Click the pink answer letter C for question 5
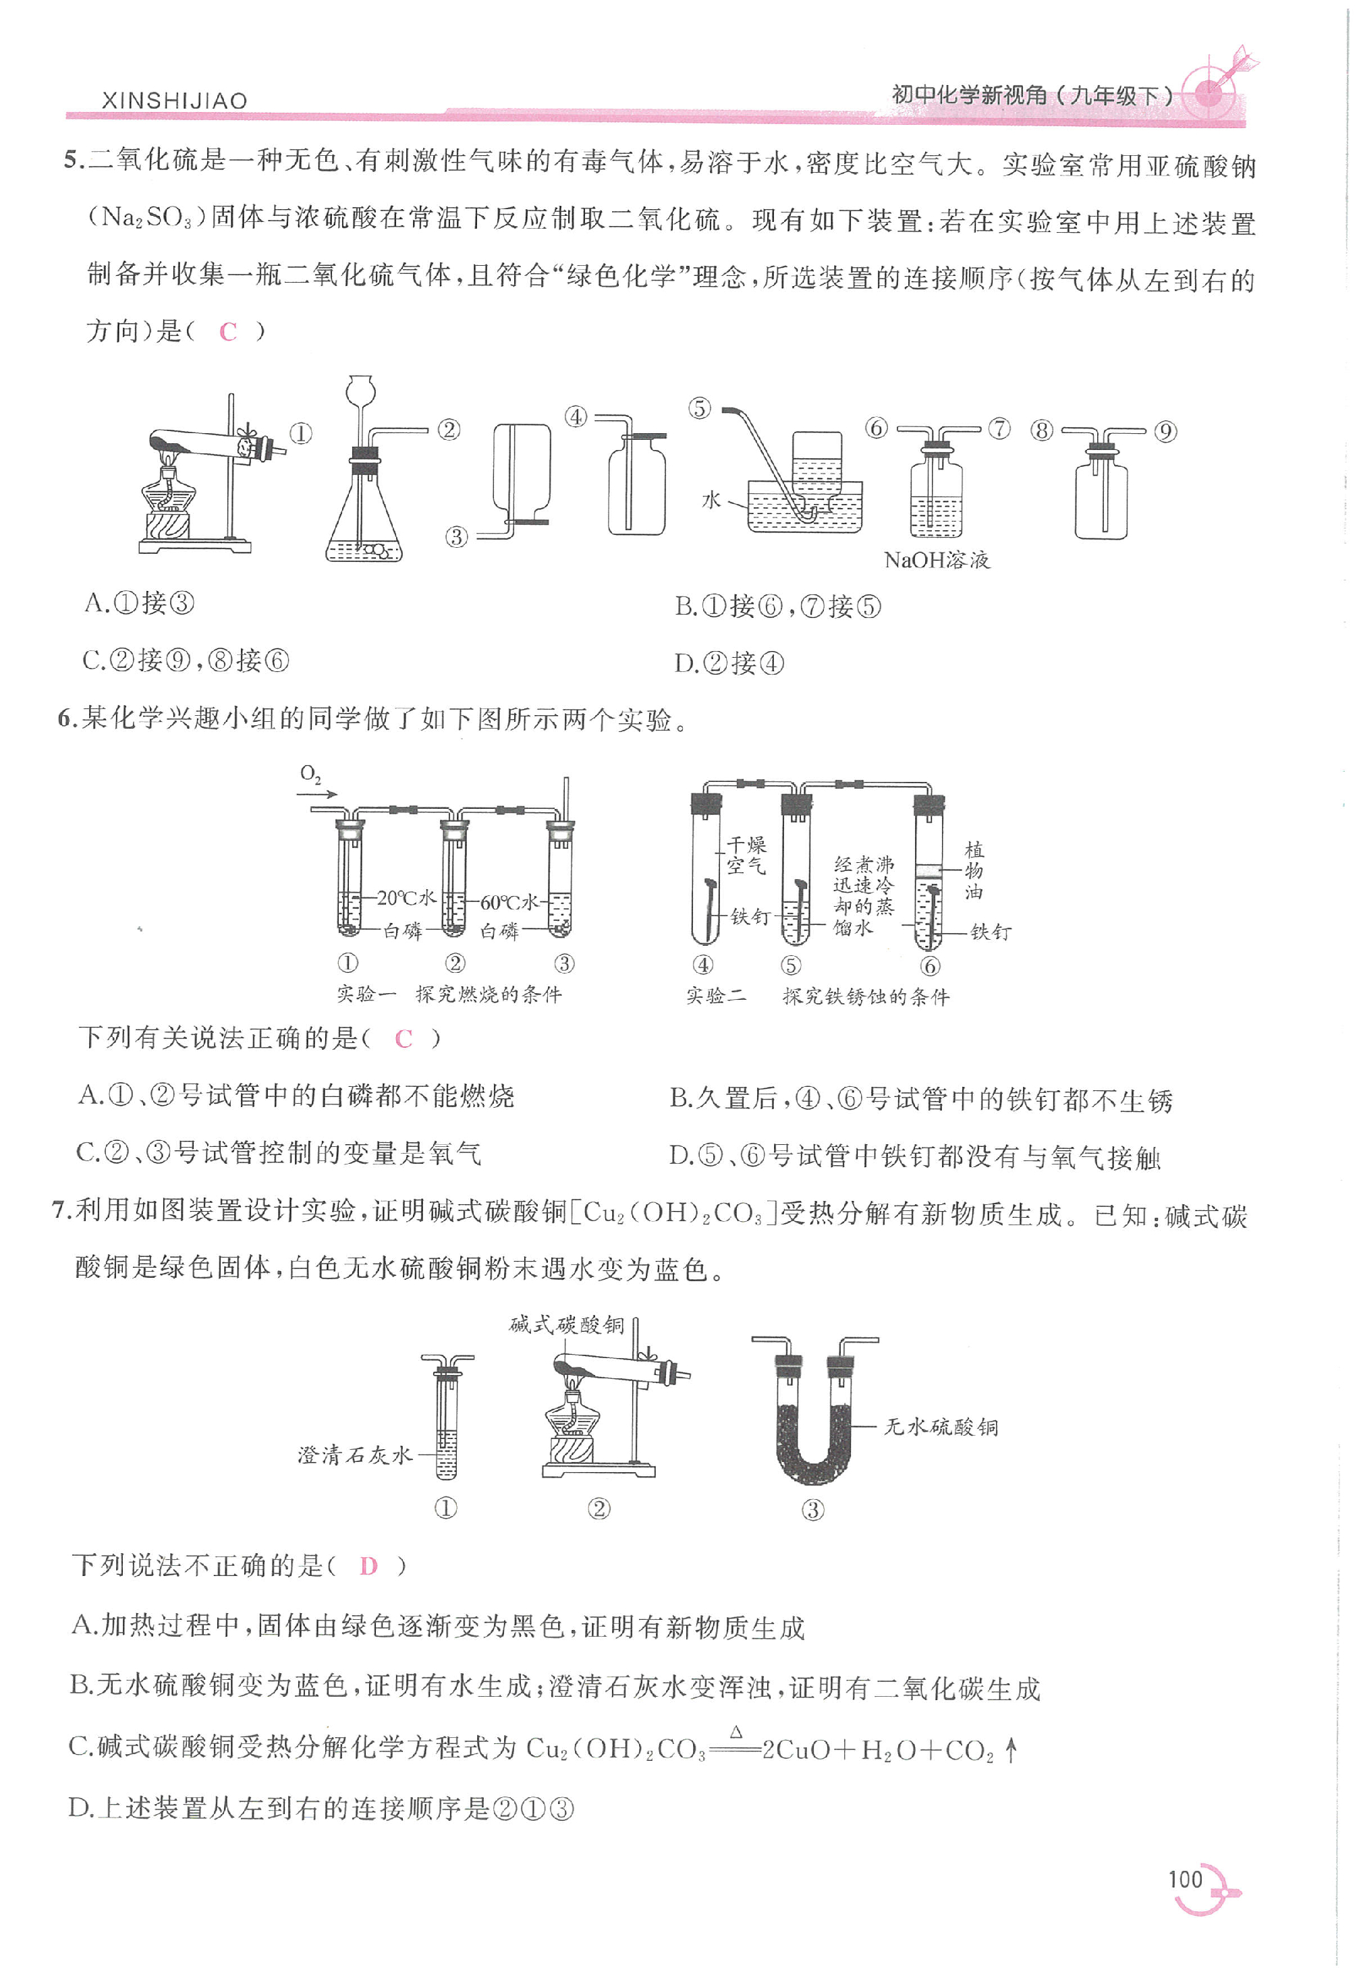(x=227, y=332)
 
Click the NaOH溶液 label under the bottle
(x=937, y=559)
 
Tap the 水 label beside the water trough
(x=711, y=500)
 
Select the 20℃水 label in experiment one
(x=406, y=898)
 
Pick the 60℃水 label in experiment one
(x=509, y=901)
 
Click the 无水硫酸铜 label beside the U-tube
(x=941, y=1426)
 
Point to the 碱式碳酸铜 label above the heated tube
(x=566, y=1324)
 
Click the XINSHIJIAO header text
(x=175, y=101)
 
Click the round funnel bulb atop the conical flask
(x=361, y=391)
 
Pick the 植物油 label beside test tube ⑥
(x=974, y=870)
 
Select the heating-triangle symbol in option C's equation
(x=737, y=1730)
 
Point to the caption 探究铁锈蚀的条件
(x=865, y=996)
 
